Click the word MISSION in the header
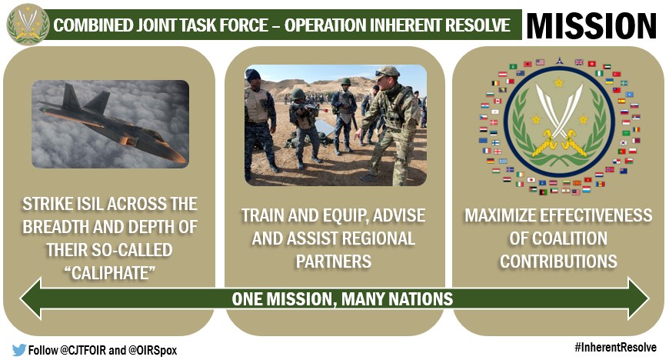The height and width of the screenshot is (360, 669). (x=591, y=25)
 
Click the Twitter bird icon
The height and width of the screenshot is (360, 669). (x=18, y=350)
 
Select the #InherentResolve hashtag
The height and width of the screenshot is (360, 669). (x=615, y=347)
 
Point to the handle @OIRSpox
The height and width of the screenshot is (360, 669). (x=152, y=351)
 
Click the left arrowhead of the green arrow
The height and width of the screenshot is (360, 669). (x=31, y=298)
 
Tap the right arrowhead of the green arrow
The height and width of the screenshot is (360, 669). (x=638, y=298)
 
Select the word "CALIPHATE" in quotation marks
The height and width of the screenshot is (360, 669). (x=110, y=273)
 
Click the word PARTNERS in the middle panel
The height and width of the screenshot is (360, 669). (x=334, y=262)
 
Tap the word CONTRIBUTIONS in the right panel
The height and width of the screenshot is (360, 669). (x=558, y=262)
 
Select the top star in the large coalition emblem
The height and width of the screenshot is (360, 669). (x=559, y=82)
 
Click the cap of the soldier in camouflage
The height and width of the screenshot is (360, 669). (x=387, y=72)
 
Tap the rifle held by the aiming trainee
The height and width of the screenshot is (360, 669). (x=314, y=108)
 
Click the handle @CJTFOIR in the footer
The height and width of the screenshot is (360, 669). (x=83, y=351)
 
